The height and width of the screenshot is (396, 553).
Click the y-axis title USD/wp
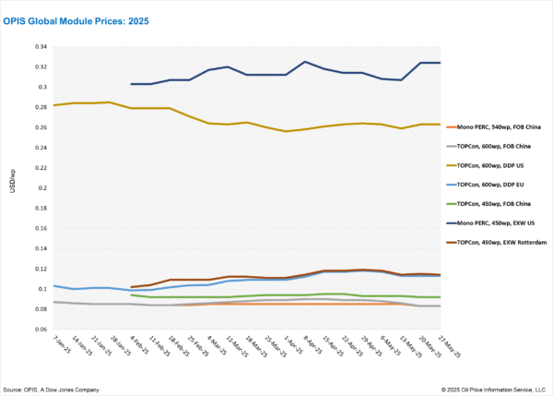[x=13, y=188]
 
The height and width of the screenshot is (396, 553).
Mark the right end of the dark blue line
[x=439, y=63]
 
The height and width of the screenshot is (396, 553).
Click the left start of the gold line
[x=54, y=105]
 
